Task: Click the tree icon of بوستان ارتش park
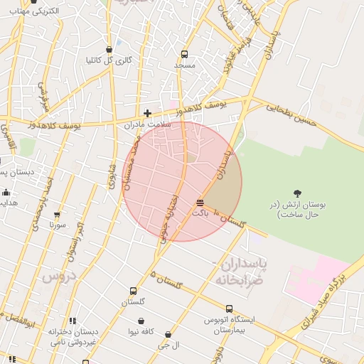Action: tap(297, 193)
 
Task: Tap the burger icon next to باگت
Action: tap(200, 203)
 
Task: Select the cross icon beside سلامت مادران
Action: tap(147, 113)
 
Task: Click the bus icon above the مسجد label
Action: tap(185, 54)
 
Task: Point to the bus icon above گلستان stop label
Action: tap(133, 291)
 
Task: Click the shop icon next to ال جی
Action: tap(168, 334)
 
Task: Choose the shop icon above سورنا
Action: tap(57, 214)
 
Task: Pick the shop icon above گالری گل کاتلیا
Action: tap(109, 50)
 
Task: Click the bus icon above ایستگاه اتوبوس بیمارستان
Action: tap(229, 309)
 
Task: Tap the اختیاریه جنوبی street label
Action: tap(170, 218)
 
